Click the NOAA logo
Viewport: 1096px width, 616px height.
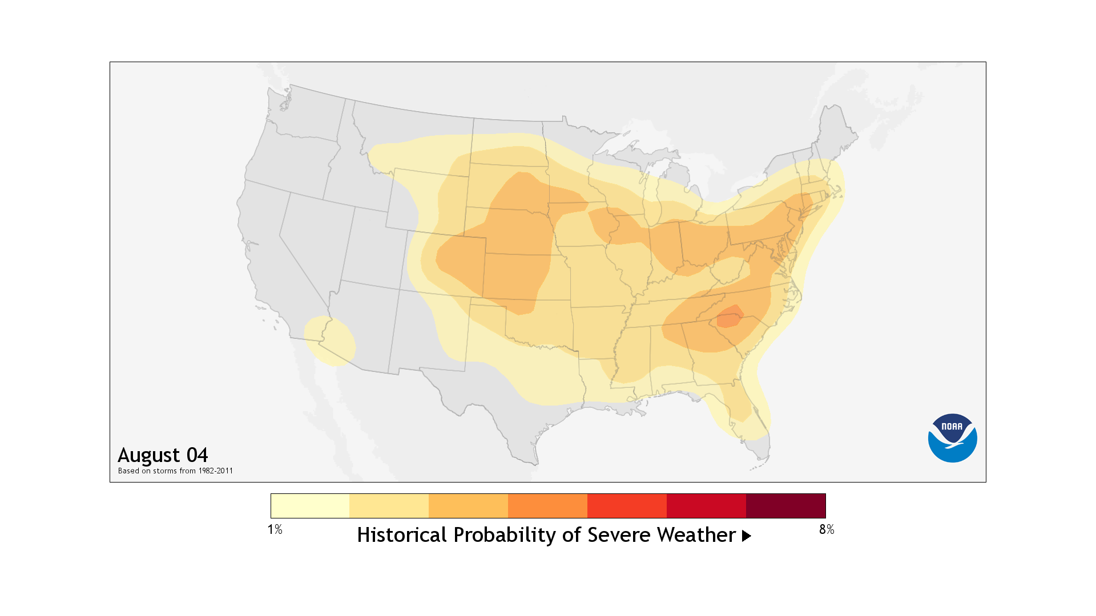(x=952, y=437)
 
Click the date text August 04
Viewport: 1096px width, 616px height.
(x=163, y=455)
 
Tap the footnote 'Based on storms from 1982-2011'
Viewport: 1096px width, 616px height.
(x=175, y=471)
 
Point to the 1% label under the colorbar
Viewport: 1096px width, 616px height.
(x=275, y=529)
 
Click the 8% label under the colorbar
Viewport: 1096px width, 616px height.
(x=826, y=529)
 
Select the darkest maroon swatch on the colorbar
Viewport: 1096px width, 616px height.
(x=785, y=506)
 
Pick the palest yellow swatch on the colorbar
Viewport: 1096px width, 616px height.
(x=310, y=506)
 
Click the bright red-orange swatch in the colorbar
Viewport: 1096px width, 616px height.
(x=627, y=506)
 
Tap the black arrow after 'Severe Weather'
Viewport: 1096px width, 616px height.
(x=746, y=536)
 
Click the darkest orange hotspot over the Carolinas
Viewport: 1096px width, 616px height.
(x=730, y=317)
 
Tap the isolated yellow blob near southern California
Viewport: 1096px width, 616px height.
(x=330, y=341)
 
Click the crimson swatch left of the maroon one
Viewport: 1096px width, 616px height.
(x=706, y=506)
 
